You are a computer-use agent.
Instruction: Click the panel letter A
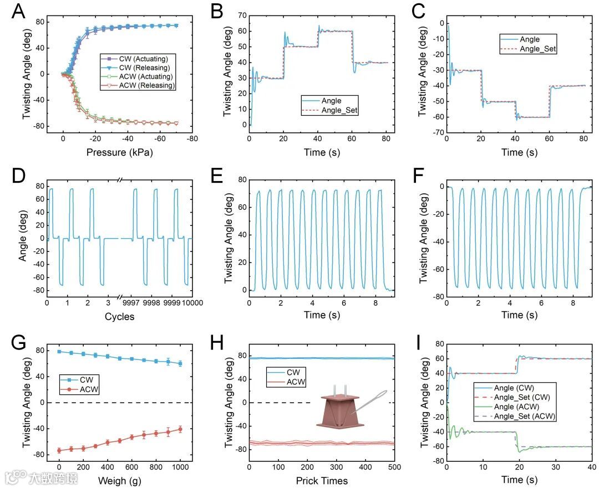(x=18, y=12)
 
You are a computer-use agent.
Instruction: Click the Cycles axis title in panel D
(x=120, y=317)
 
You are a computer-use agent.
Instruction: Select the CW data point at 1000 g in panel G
(x=180, y=363)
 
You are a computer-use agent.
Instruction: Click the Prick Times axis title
(x=323, y=480)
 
